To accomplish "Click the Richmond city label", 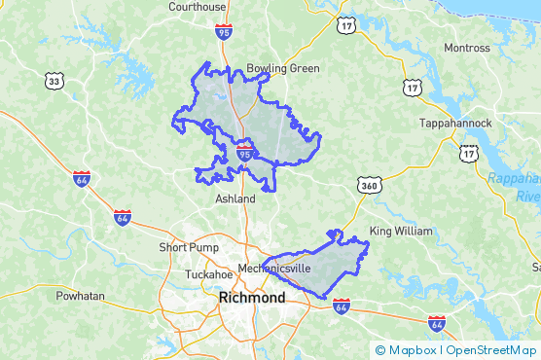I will (x=253, y=298).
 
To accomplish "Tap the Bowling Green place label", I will (x=282, y=69).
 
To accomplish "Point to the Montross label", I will (x=467, y=48).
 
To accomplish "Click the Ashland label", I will (x=234, y=198).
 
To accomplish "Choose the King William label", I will (x=399, y=232).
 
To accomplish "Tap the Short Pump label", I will (x=186, y=248).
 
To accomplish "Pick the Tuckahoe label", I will (x=209, y=274).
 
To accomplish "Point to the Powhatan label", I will (x=80, y=295).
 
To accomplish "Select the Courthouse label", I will (x=197, y=7).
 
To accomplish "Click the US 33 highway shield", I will (x=54, y=82).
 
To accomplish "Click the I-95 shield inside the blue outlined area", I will (x=245, y=153).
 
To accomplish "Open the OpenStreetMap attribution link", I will (x=491, y=350).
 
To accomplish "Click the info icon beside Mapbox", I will (x=380, y=350).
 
